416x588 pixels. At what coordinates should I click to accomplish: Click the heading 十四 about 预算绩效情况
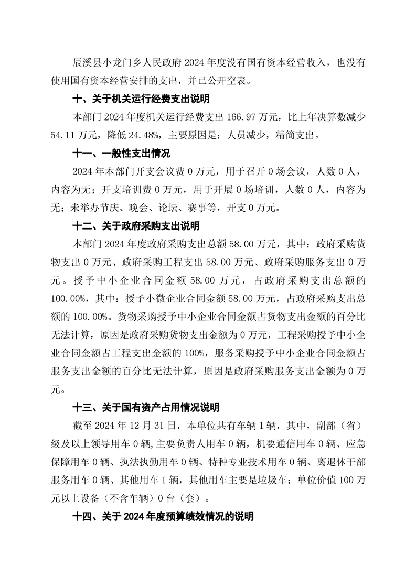[163, 516]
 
